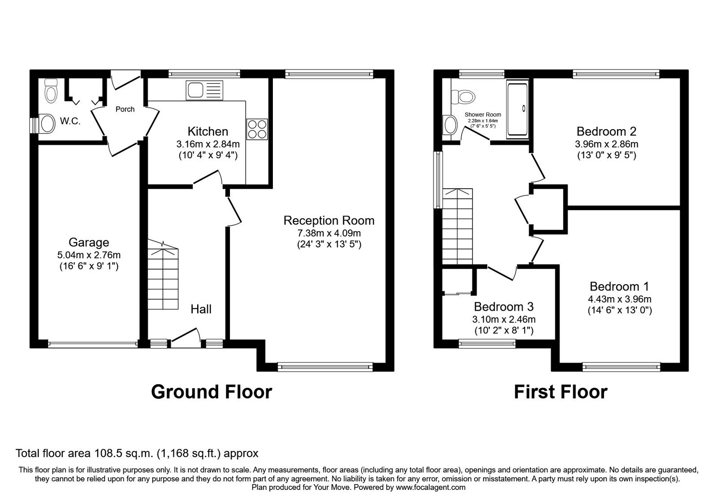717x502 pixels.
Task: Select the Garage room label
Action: point(89,242)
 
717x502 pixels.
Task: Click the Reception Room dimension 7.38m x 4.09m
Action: point(329,233)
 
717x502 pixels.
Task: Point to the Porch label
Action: point(125,109)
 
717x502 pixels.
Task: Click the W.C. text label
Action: point(70,121)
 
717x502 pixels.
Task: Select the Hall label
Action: point(201,309)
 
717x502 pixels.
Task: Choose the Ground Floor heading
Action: point(212,391)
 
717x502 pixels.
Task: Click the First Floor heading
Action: point(560,391)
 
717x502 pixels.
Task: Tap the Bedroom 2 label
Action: point(606,131)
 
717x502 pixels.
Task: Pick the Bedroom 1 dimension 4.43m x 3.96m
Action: point(620,299)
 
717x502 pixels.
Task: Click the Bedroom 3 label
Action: point(504,307)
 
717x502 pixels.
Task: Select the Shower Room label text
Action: point(483,115)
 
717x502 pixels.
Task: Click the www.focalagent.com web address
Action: point(430,487)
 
